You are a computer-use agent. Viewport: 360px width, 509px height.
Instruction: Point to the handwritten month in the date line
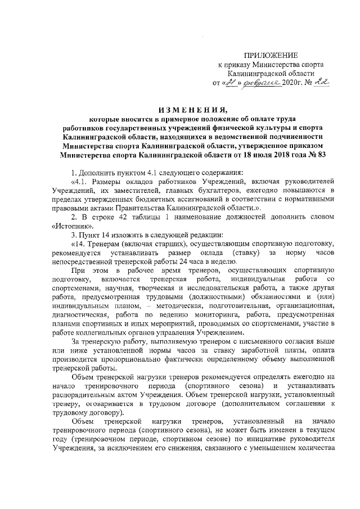point(259,83)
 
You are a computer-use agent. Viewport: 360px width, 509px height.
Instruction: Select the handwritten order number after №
point(320,82)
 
